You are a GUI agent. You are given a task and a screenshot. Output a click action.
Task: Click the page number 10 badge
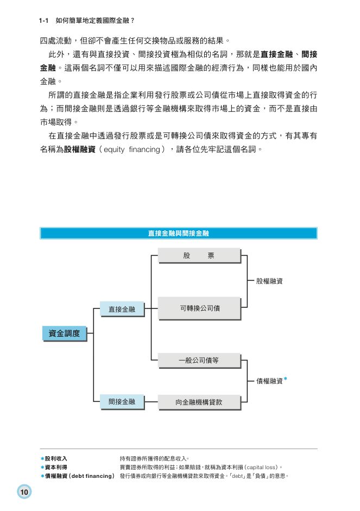(x=24, y=492)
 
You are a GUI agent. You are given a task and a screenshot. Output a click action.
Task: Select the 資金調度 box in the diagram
(x=64, y=333)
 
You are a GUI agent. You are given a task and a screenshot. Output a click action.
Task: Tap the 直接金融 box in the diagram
(x=122, y=309)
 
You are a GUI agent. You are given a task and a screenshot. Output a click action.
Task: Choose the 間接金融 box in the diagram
(x=122, y=402)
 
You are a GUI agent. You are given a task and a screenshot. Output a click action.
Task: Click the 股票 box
(x=199, y=255)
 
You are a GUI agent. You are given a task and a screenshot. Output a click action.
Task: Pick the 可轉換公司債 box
(x=199, y=308)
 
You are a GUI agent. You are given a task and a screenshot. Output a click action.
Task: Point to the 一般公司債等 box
(x=199, y=360)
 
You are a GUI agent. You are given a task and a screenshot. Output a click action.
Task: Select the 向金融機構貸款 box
(x=199, y=402)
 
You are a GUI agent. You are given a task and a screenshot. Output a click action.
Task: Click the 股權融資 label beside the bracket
(x=269, y=281)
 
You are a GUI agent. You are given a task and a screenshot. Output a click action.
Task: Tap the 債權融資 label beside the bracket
(x=269, y=381)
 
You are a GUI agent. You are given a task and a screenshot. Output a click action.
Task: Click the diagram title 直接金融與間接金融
(x=178, y=234)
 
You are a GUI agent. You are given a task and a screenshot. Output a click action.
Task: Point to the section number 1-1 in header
(x=44, y=21)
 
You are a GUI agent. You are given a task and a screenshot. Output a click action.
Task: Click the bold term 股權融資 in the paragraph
(x=79, y=149)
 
